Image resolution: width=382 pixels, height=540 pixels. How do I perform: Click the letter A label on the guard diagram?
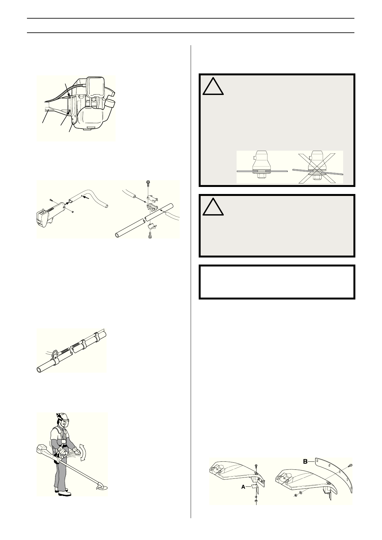click(243, 486)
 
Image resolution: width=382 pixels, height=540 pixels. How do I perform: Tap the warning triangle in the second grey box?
click(213, 207)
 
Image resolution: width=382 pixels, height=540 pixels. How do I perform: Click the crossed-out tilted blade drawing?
click(318, 167)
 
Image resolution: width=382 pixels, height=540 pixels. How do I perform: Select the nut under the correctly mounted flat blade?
click(262, 176)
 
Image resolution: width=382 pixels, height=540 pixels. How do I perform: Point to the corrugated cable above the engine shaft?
click(61, 93)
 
